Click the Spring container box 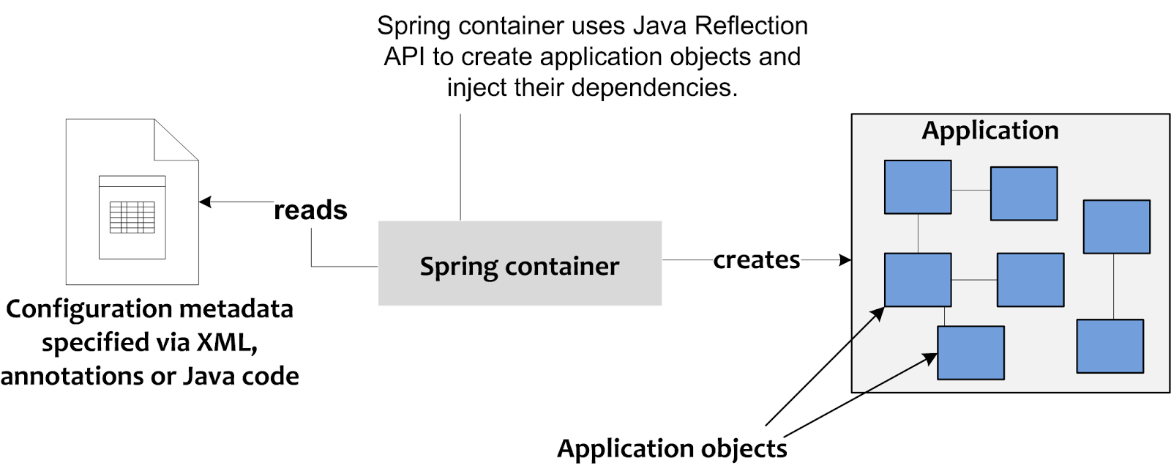tap(520, 264)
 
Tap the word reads tap(310, 210)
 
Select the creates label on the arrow tap(757, 260)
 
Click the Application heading tap(989, 130)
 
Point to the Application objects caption tap(672, 448)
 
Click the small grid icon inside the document tap(132, 218)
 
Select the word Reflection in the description tap(751, 26)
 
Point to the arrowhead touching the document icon tap(205, 201)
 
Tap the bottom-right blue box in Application tap(1110, 346)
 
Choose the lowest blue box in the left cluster tap(970, 352)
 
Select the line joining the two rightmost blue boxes tap(1113, 286)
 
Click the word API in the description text tap(405, 56)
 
